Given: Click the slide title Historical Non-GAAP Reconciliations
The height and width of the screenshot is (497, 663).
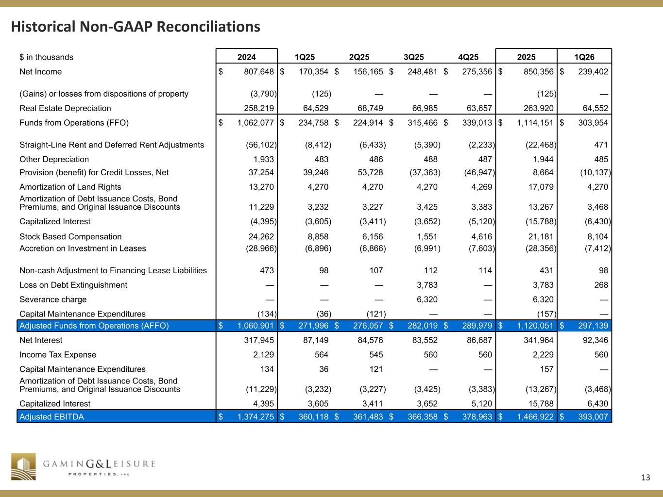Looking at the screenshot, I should coord(136,26).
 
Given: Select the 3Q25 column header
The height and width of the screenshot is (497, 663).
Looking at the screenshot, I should coord(414,57).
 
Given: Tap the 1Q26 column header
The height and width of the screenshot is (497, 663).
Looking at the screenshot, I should coord(584,57).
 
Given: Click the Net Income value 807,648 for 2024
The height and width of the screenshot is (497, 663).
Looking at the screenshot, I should coord(256,72).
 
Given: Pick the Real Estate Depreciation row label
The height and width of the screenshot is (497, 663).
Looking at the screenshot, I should coord(65,108).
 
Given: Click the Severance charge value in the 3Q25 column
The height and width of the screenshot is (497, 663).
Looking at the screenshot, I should coord(427,299).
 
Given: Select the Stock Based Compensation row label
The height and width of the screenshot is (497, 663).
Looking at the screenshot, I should coord(70,237).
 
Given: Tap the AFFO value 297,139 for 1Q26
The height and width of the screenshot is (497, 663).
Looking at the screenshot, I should coord(590,326).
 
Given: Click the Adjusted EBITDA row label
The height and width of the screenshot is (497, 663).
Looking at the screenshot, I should coord(51,416).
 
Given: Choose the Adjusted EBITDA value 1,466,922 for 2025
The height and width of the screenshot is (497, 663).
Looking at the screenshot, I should coord(532,416).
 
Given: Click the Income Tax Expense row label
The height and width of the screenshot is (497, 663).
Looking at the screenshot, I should coord(58,355).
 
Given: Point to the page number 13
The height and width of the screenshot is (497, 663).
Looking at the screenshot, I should coord(645,478).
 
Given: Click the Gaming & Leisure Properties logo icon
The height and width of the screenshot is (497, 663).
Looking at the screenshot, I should coord(24,467).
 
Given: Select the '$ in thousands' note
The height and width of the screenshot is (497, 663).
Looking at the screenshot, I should coord(46,57).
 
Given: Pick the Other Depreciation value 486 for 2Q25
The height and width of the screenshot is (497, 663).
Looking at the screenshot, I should coord(376,159).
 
